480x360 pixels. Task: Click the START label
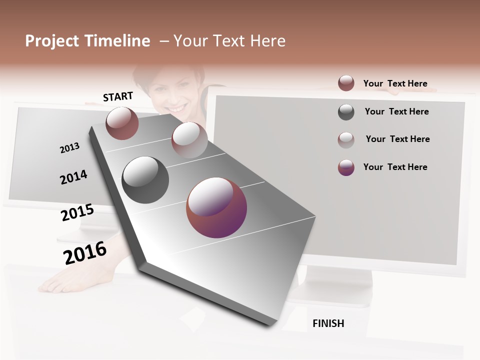coord(118,96)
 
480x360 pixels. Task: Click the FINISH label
coord(328,323)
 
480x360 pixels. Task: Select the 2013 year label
coord(69,147)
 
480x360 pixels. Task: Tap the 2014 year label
coord(73,177)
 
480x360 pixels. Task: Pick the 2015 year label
coord(77,212)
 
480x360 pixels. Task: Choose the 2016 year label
coord(85,252)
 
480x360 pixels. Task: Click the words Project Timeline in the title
coord(87,41)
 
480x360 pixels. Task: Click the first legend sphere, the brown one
coord(346,83)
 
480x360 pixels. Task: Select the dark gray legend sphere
coord(346,112)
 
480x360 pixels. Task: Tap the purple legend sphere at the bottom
coord(346,167)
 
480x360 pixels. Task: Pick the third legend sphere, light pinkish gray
coord(346,139)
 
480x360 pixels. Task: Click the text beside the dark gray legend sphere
coord(396,111)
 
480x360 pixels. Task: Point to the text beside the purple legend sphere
coord(395,167)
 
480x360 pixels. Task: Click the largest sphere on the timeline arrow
coord(216,207)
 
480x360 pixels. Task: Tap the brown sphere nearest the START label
coord(122,123)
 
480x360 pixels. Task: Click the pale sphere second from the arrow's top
coord(189,140)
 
